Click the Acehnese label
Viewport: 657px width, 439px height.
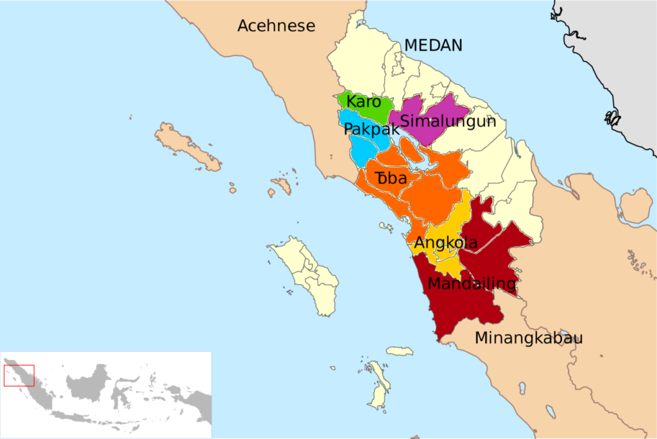(277, 26)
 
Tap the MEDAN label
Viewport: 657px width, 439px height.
(433, 45)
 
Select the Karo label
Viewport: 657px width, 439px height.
(364, 101)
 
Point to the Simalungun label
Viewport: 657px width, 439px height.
(448, 121)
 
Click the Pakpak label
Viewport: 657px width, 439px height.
(367, 129)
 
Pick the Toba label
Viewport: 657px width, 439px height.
(391, 178)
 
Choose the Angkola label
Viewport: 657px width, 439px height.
(446, 243)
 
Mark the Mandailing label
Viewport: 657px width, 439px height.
(472, 283)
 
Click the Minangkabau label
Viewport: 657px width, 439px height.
(529, 338)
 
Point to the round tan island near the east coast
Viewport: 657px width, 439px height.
(636, 206)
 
